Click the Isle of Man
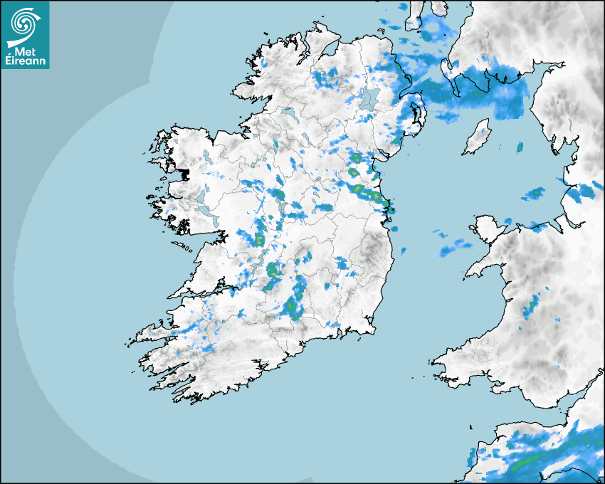click(476, 138)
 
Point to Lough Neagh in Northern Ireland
click(368, 99)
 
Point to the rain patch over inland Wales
click(531, 307)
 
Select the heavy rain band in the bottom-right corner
click(562, 456)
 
